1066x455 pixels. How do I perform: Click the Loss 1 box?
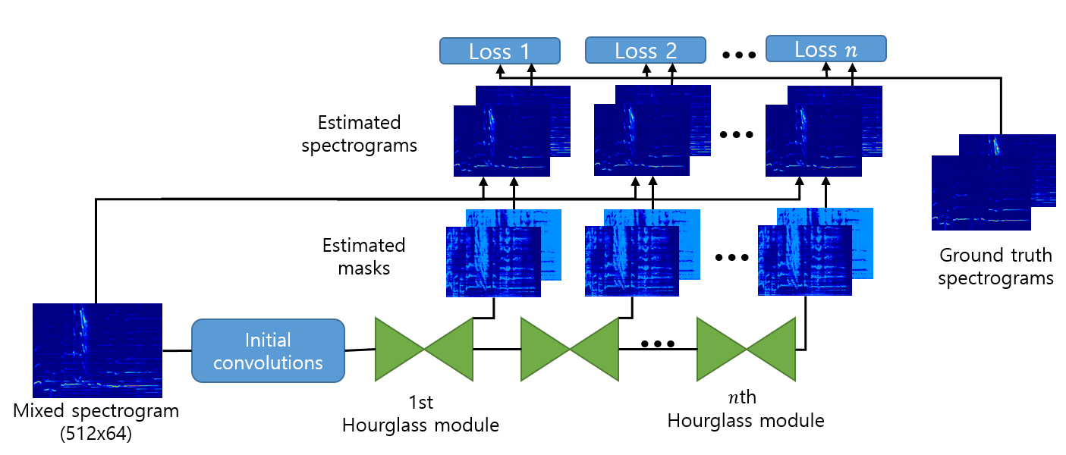[x=499, y=51]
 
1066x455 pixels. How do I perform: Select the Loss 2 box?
[x=645, y=50]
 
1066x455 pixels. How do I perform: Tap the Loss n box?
[x=825, y=49]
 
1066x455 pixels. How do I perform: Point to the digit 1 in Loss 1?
[x=524, y=52]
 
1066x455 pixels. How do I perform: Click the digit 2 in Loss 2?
[x=671, y=51]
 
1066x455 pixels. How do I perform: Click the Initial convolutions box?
[x=268, y=350]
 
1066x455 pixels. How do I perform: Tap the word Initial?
[x=268, y=340]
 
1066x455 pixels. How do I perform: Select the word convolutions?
[x=268, y=362]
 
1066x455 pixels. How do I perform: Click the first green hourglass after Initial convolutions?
[x=423, y=349]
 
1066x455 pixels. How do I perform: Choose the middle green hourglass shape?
[x=569, y=349]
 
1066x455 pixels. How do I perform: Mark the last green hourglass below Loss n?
[x=746, y=349]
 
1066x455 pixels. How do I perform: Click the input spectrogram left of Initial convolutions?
[x=97, y=350]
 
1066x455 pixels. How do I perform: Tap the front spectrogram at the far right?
[x=980, y=193]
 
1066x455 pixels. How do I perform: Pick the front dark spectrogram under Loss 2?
[x=641, y=141]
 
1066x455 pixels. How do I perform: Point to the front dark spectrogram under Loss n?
[x=813, y=141]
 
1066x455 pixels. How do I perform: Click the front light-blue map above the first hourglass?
[x=493, y=262]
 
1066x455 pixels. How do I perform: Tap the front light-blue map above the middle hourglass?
[x=632, y=262]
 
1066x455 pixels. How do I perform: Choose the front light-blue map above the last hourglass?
[x=804, y=262]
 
